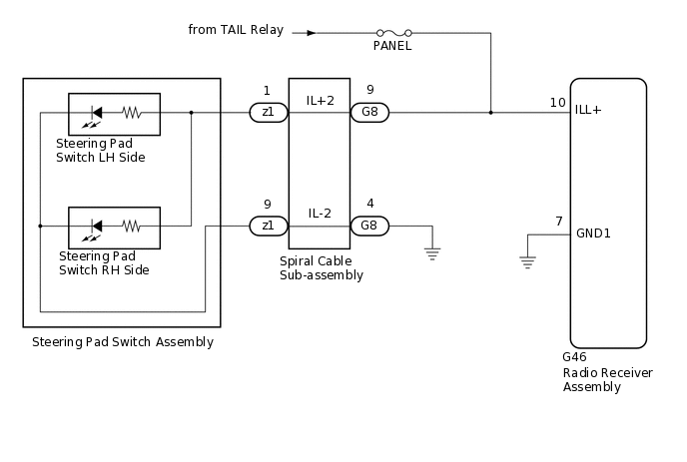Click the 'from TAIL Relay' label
pyautogui.click(x=236, y=29)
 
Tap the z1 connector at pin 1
pyautogui.click(x=268, y=113)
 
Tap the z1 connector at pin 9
pyautogui.click(x=268, y=226)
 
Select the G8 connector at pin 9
pyautogui.click(x=369, y=113)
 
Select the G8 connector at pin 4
pyautogui.click(x=369, y=226)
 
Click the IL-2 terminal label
pyautogui.click(x=320, y=214)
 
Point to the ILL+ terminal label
pyautogui.click(x=589, y=110)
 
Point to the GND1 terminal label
pyautogui.click(x=593, y=232)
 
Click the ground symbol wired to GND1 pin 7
pyautogui.click(x=526, y=262)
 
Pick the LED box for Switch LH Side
pyautogui.click(x=113, y=114)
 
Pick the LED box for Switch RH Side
pyautogui.click(x=113, y=227)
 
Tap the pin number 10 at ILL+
pyautogui.click(x=557, y=102)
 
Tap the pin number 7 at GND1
pyautogui.click(x=559, y=222)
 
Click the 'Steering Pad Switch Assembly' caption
pyautogui.click(x=123, y=342)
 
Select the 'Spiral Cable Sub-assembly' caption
pyautogui.click(x=322, y=268)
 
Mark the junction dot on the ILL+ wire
pyautogui.click(x=490, y=113)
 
